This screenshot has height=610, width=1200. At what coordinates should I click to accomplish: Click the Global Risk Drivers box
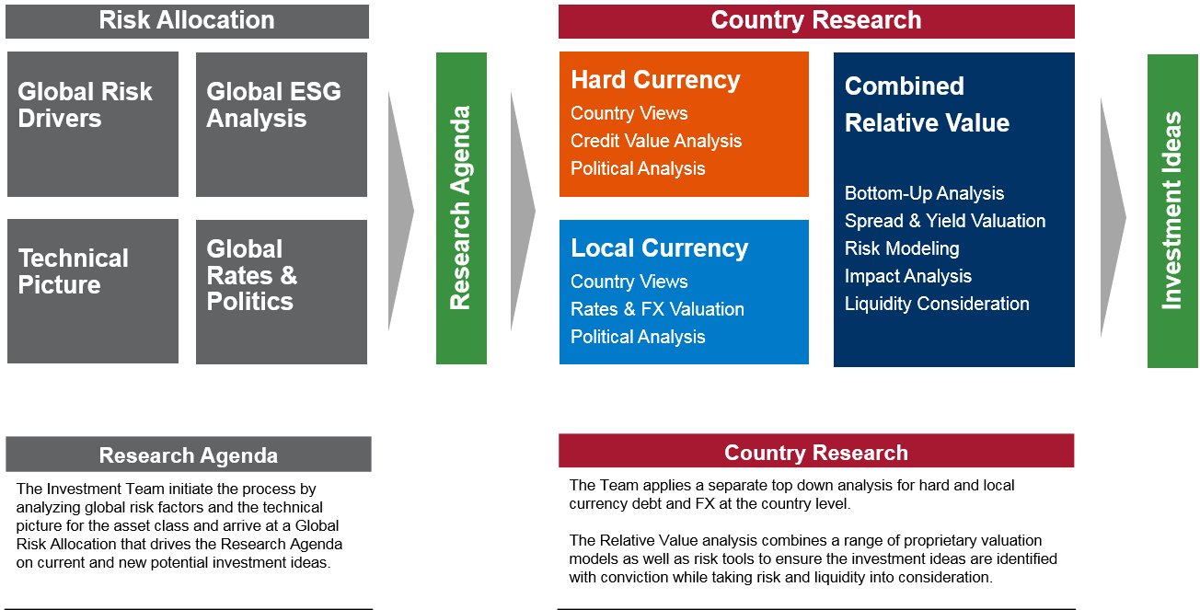[x=93, y=124]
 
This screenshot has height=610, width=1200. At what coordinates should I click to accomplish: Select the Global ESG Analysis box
[x=282, y=124]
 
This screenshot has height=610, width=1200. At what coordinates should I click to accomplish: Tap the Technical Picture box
[x=93, y=292]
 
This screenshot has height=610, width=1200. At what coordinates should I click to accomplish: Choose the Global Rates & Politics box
[x=282, y=292]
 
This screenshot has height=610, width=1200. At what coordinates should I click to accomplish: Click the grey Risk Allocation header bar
[x=187, y=21]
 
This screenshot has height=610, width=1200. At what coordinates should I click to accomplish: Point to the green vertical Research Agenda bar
[x=461, y=208]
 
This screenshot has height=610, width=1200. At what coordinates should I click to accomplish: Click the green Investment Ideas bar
[x=1172, y=211]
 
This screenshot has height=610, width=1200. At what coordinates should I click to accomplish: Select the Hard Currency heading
[x=655, y=80]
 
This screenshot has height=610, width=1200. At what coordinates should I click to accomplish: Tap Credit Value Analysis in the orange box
[x=656, y=141]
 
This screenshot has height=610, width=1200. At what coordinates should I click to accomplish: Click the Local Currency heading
[x=659, y=248]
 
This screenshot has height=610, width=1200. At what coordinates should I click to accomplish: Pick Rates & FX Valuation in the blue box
[x=657, y=309]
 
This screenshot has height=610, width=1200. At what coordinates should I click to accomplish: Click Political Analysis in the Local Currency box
[x=638, y=337]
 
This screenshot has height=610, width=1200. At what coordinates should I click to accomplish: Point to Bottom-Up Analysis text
[x=924, y=193]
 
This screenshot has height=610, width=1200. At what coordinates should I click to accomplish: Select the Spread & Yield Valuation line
[x=945, y=221]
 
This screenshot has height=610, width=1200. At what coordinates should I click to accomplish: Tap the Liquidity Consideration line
[x=937, y=304]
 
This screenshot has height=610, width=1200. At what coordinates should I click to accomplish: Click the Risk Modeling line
[x=902, y=248]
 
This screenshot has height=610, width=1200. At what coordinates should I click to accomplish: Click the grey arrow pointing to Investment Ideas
[x=1113, y=217]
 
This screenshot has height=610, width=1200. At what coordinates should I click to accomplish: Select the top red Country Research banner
[x=816, y=21]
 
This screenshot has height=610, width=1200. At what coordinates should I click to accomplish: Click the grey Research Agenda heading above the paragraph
[x=189, y=455]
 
